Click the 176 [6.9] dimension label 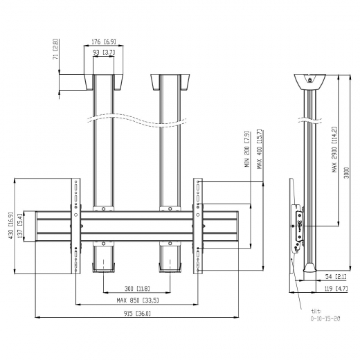pos(104,42)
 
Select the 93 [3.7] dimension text pos(104,53)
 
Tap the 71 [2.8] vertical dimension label pos(56,49)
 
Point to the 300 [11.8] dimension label pos(137,289)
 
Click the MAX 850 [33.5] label pos(138,300)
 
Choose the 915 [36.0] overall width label pos(137,314)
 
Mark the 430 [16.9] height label pos(11,226)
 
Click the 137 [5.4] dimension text pos(20,226)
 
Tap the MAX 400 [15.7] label pos(260,149)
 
